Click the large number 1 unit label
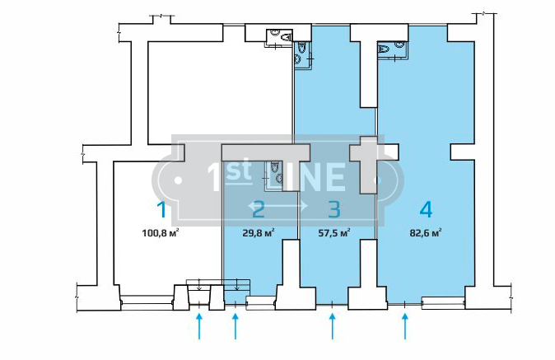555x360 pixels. click(x=161, y=209)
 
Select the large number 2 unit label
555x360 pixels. click(x=259, y=209)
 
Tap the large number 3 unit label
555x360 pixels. click(x=334, y=209)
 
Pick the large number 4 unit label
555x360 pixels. click(x=426, y=209)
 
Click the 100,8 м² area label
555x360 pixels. click(x=160, y=233)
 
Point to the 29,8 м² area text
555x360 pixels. click(x=259, y=233)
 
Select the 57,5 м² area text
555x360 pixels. click(x=334, y=233)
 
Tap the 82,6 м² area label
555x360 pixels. click(x=426, y=233)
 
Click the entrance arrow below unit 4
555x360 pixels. click(x=405, y=326)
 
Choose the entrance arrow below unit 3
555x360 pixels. click(x=332, y=326)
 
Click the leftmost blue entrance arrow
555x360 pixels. click(x=199, y=326)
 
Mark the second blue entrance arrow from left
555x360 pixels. click(x=236, y=326)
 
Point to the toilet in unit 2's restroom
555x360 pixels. click(x=274, y=166)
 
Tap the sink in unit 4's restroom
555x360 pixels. click(x=399, y=44)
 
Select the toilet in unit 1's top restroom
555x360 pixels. click(x=286, y=37)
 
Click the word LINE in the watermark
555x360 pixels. click(x=306, y=177)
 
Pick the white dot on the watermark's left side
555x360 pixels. click(x=178, y=180)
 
